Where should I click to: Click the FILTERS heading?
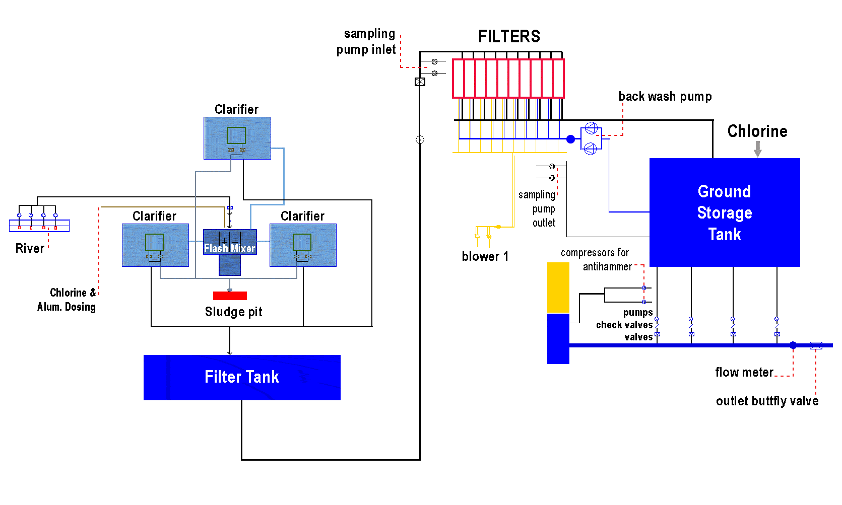click(509, 37)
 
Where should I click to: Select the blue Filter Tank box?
click(242, 377)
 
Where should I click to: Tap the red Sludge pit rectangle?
click(230, 296)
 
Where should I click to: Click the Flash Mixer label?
click(229, 248)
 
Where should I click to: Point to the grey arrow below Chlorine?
click(757, 149)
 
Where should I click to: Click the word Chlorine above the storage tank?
click(757, 131)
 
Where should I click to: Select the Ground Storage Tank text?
click(725, 212)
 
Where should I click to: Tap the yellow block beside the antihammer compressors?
click(558, 287)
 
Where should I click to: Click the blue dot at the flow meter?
click(793, 345)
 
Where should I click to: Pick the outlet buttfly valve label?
click(767, 401)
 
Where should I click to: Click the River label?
click(30, 248)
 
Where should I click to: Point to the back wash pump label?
click(665, 97)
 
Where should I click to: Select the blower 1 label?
click(485, 256)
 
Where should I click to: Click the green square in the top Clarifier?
click(236, 135)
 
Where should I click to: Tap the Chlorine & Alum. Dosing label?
click(67, 300)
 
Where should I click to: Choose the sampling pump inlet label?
click(366, 42)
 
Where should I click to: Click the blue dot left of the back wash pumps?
click(570, 139)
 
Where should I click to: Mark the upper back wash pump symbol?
click(591, 128)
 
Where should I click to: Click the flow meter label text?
click(744, 373)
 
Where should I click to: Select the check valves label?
click(624, 325)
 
